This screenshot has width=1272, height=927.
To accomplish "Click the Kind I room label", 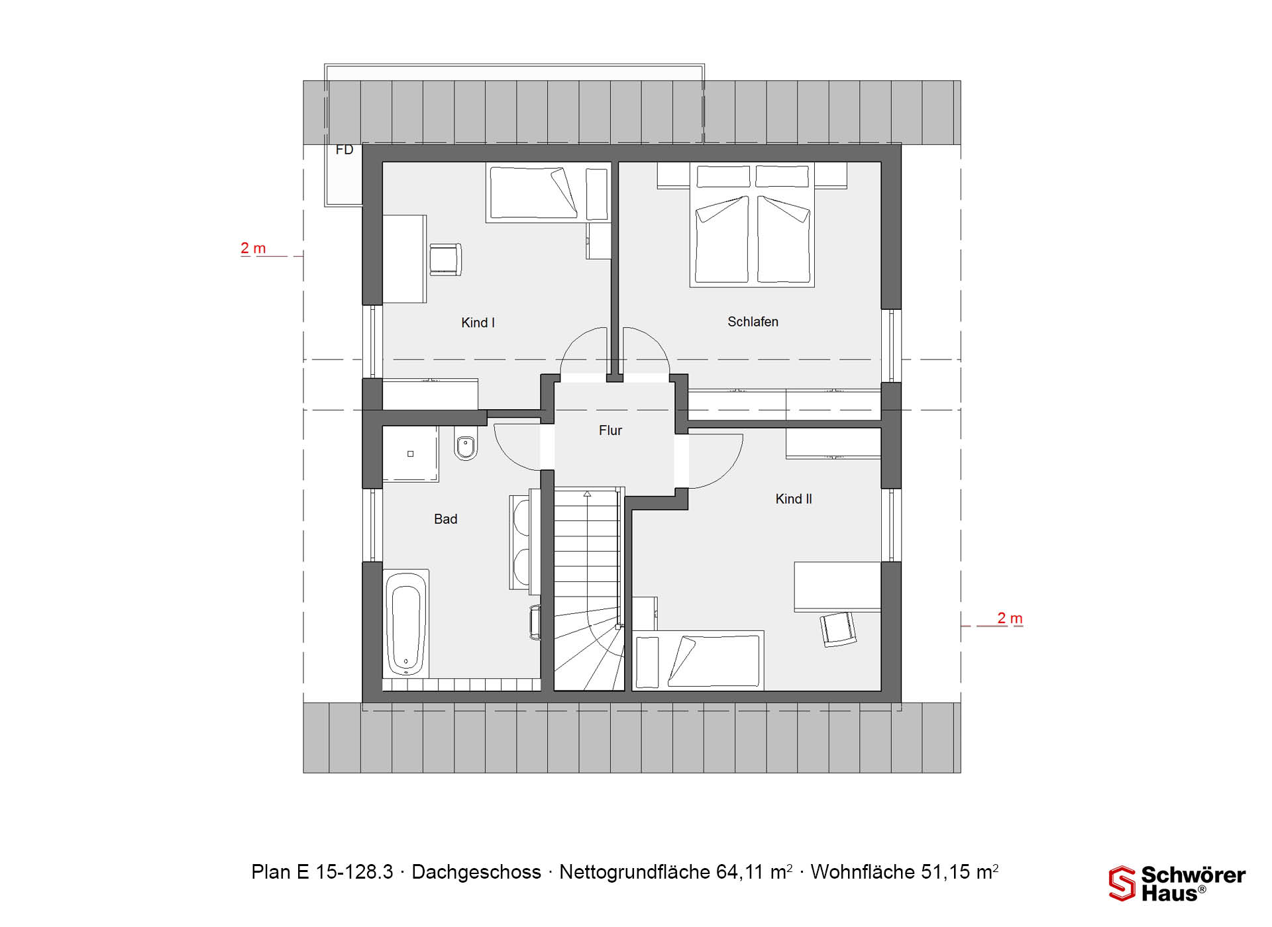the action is (478, 323).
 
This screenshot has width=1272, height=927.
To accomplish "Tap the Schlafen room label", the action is (753, 322).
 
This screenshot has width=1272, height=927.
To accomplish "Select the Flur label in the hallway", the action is (610, 430).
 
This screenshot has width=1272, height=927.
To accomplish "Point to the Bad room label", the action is (445, 519).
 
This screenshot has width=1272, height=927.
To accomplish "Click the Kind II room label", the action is (794, 499).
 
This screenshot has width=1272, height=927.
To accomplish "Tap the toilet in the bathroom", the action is (466, 445).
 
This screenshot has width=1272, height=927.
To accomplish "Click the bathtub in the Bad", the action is (405, 622).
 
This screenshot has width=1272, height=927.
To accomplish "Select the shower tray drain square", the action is (411, 454).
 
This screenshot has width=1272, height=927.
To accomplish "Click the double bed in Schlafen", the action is (752, 224).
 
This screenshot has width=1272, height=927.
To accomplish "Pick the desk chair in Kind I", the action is (445, 259).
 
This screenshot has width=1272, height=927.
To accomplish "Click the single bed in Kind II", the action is (698, 661).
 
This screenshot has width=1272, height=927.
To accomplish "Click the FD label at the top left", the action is (344, 150).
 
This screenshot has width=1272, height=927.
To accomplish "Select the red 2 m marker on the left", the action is (253, 248).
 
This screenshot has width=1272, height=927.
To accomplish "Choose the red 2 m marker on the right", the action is (1010, 618).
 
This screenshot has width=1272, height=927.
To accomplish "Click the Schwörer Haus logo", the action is (1177, 883).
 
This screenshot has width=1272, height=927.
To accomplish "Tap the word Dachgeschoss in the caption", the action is (476, 872).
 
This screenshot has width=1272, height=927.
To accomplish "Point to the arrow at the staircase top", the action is (587, 494).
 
